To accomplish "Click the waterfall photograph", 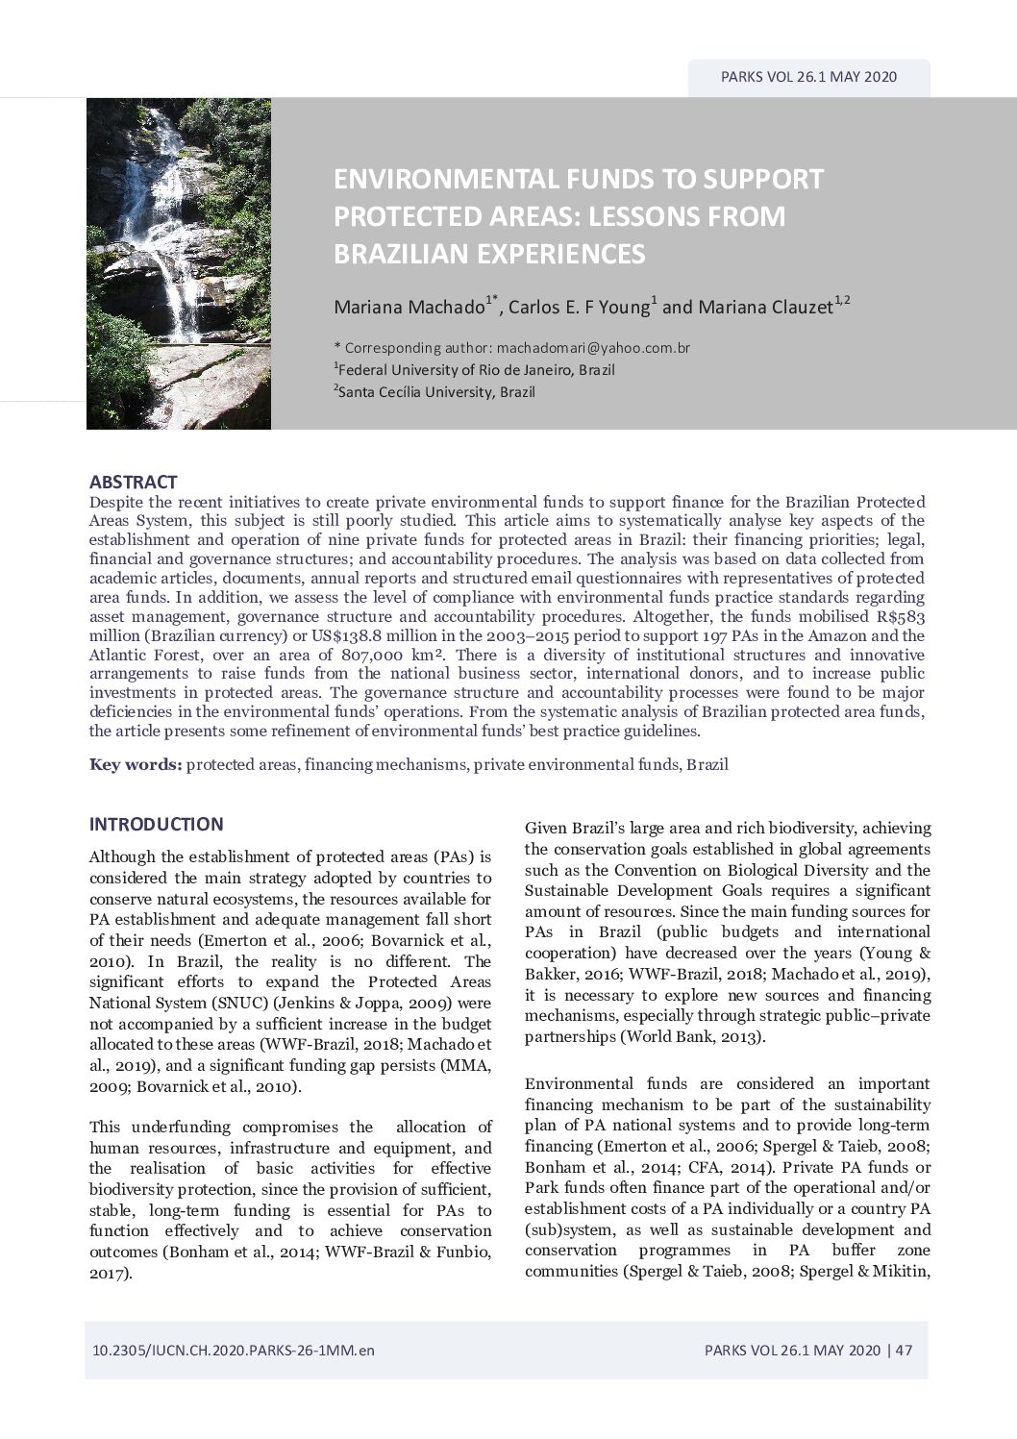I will pyautogui.click(x=179, y=263).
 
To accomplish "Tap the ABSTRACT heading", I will pyautogui.click(x=133, y=482).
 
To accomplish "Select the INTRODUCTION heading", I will pyautogui.click(x=156, y=824).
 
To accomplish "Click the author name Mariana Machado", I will pyautogui.click(x=409, y=308).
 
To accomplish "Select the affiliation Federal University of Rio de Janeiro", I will pyautogui.click(x=459, y=370).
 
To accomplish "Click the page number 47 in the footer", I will pyautogui.click(x=904, y=1350).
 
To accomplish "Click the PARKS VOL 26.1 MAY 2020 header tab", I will pyautogui.click(x=808, y=77).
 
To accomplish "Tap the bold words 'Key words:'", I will pyautogui.click(x=136, y=765).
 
